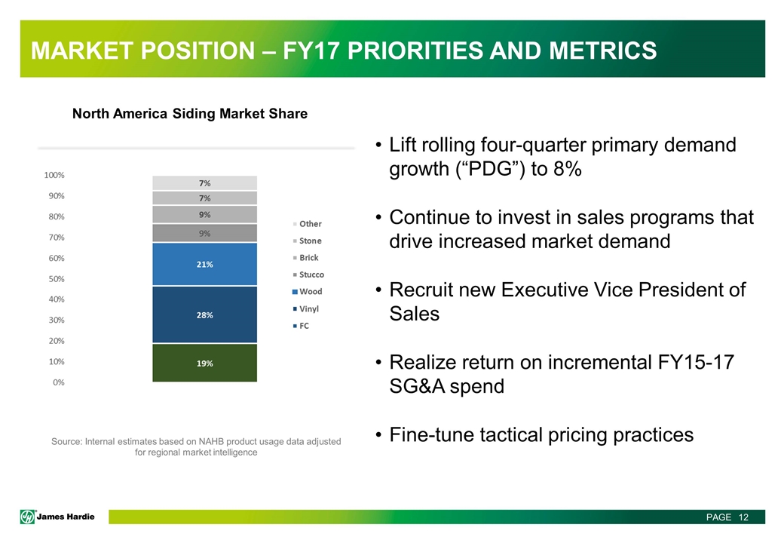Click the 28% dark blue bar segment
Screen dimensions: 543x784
point(204,314)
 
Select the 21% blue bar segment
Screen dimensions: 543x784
point(204,264)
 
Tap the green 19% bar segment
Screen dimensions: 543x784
point(204,363)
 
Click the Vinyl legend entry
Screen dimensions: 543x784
point(310,308)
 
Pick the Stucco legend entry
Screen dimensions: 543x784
point(311,275)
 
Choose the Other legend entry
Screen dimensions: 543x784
point(310,224)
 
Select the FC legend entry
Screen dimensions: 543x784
point(304,326)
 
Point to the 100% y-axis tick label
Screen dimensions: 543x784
point(54,175)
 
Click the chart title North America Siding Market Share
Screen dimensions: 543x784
point(189,114)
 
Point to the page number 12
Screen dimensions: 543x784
point(743,517)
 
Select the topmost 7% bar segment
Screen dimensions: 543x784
point(204,183)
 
